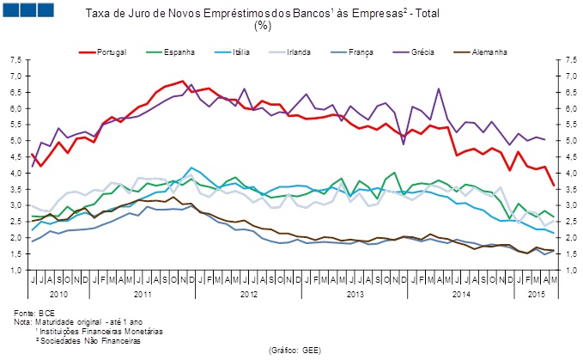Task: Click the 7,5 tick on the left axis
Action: pyautogui.click(x=16, y=60)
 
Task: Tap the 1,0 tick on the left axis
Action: pyautogui.click(x=16, y=270)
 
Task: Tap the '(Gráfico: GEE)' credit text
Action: pyautogui.click(x=295, y=351)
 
